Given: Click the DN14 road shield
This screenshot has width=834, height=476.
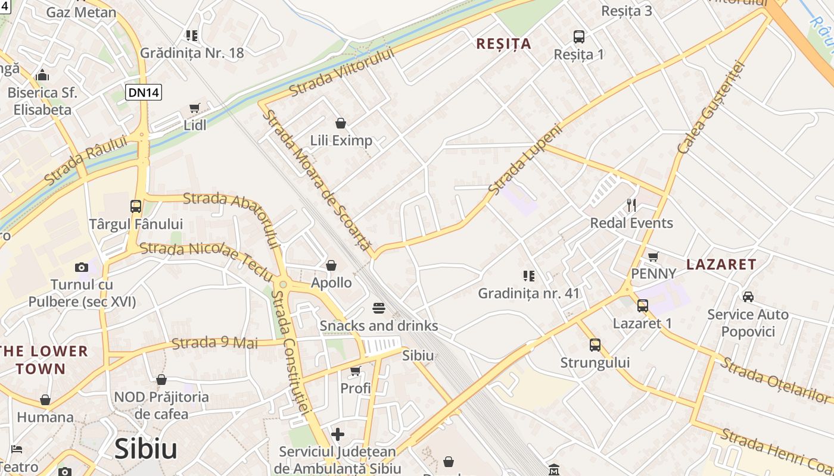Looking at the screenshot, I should [144, 92].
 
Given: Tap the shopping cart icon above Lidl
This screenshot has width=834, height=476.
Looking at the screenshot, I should [194, 108].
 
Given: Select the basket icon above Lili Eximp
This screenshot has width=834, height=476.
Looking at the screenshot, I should [341, 123].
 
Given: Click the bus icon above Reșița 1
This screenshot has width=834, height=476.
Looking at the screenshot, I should [579, 37].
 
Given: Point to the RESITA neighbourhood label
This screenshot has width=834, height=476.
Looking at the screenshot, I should [504, 44].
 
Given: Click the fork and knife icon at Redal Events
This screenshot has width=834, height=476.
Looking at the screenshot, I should [631, 205].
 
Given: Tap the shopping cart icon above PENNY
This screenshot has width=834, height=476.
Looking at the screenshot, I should [653, 256].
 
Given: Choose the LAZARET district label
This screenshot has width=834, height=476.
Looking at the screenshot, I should [721, 265].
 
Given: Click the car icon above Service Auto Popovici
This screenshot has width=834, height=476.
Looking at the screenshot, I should [748, 296].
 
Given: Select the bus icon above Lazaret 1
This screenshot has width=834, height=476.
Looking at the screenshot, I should [643, 306].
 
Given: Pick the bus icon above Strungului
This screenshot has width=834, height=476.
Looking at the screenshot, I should [595, 345].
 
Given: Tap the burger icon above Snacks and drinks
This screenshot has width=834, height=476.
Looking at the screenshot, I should [379, 308].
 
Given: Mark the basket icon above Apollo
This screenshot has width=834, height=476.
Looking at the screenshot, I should [331, 265].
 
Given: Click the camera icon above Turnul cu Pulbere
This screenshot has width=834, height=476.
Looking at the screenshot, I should [82, 267].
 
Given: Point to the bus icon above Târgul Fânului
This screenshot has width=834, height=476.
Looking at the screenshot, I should [136, 206].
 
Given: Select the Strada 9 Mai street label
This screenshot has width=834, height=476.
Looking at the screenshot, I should [215, 343].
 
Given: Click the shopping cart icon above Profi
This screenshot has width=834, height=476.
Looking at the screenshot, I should [356, 371].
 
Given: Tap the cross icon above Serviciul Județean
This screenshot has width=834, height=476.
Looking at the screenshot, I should [338, 434].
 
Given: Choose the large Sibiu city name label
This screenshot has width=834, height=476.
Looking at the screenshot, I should [146, 449].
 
